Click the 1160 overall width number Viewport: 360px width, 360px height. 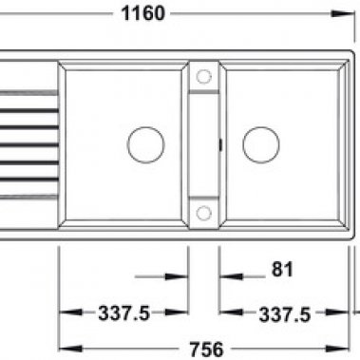tap(144, 12)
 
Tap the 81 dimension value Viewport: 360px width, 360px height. tap(280, 269)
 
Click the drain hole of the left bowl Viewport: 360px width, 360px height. tap(145, 145)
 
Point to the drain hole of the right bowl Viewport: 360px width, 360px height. tap(260, 145)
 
